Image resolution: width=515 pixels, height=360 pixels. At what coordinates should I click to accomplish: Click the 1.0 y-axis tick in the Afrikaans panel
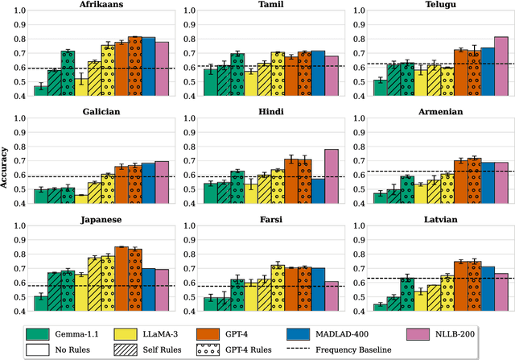[x=20, y=11]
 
